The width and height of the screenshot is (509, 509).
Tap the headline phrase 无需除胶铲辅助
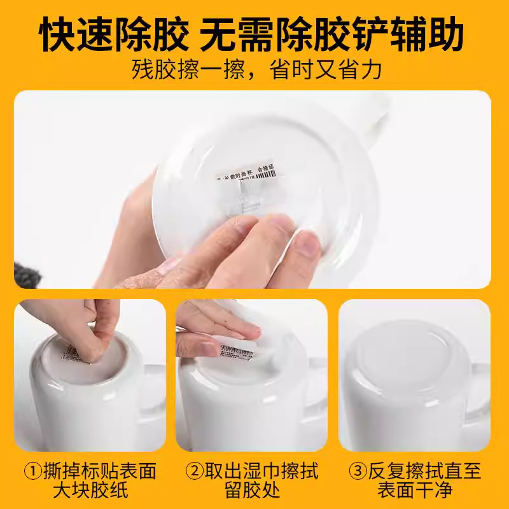331,35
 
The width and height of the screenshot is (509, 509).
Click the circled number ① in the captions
32,472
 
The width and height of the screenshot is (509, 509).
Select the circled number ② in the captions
194,472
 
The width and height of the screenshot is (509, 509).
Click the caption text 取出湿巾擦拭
261,472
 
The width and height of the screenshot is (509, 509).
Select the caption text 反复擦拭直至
424,472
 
